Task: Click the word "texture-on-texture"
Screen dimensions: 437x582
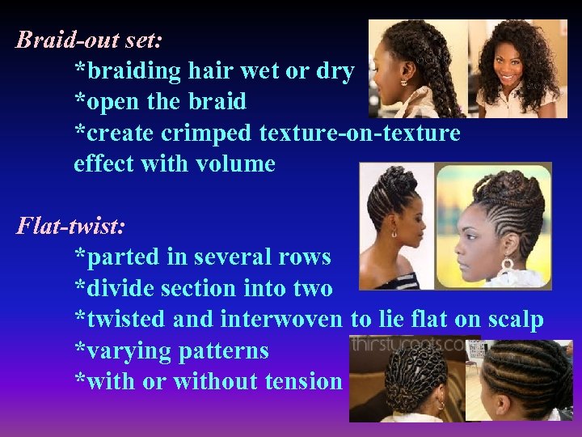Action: [x=361, y=133]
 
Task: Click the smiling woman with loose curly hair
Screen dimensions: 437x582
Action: [x=517, y=69]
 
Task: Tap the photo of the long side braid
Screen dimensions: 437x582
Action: [x=417, y=69]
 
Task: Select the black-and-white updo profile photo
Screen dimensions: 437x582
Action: [x=396, y=227]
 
